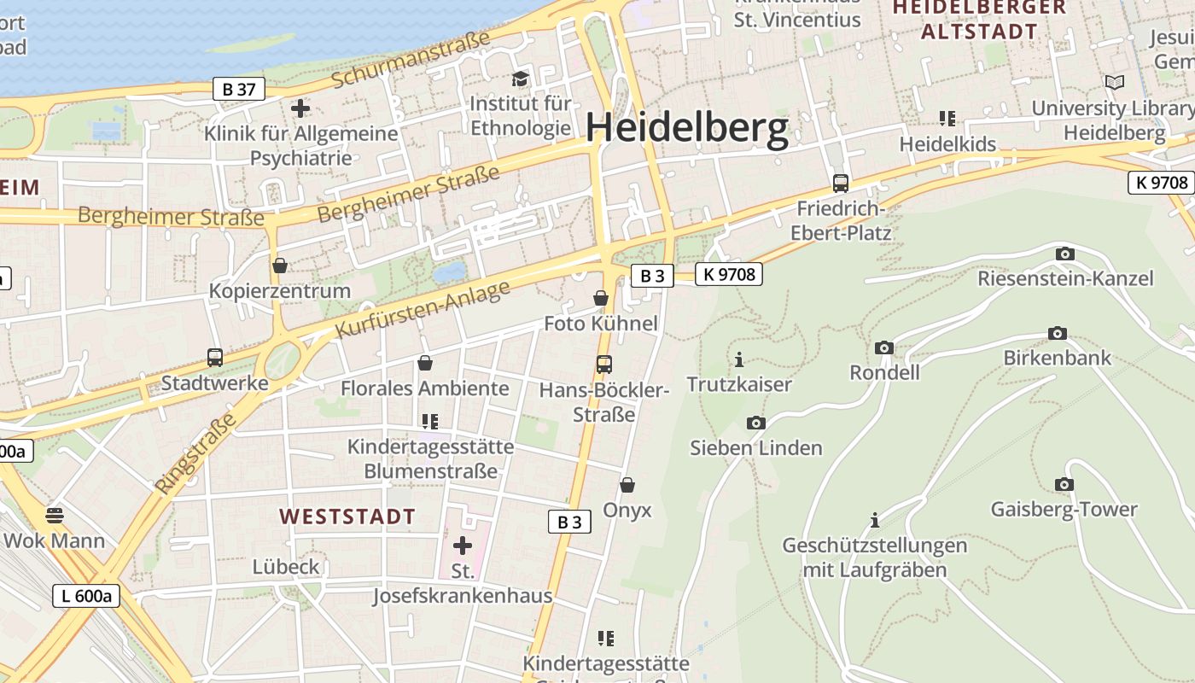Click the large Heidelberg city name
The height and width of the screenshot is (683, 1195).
pyautogui.click(x=687, y=128)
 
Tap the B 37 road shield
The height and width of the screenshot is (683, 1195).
pyautogui.click(x=239, y=89)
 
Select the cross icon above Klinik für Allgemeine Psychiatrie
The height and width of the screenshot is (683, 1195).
pyautogui.click(x=300, y=108)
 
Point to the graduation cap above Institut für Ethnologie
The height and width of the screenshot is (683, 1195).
pyautogui.click(x=520, y=79)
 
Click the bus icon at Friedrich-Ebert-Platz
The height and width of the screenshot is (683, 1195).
pyautogui.click(x=841, y=183)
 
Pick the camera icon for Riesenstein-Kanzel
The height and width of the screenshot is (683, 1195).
pyautogui.click(x=1064, y=254)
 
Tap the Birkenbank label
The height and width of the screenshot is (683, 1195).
pyautogui.click(x=1058, y=357)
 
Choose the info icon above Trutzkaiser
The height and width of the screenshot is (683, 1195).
pyautogui.click(x=739, y=359)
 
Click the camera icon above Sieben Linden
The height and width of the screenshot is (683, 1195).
pyautogui.click(x=755, y=423)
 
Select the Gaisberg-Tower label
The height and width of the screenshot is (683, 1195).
pyautogui.click(x=1064, y=510)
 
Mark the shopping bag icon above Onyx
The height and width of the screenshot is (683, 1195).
pyautogui.click(x=627, y=485)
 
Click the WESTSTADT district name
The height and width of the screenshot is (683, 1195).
pyautogui.click(x=347, y=517)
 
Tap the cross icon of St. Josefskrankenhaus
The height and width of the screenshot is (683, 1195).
pyautogui.click(x=463, y=545)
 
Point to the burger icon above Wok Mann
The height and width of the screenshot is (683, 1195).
pyautogui.click(x=55, y=515)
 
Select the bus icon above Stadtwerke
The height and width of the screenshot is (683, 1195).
pyautogui.click(x=215, y=357)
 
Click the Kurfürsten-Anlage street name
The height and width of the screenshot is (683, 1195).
pyautogui.click(x=423, y=308)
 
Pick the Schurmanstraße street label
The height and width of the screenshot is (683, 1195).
pyautogui.click(x=411, y=59)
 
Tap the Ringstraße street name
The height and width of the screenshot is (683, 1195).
pyautogui.click(x=195, y=454)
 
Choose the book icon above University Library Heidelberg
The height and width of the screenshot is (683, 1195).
pyautogui.click(x=1115, y=82)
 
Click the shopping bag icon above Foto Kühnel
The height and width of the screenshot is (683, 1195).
pyautogui.click(x=601, y=298)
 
